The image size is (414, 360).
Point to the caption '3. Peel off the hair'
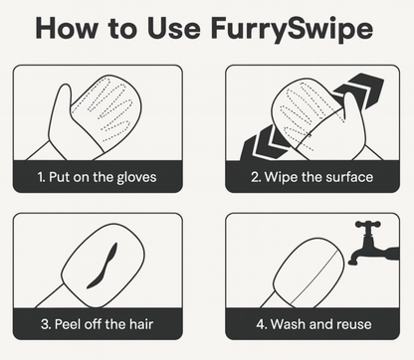pyautogui.click(x=99, y=323)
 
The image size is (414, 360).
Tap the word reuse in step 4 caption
pyautogui.click(x=353, y=323)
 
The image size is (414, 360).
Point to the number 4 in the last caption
pyautogui.click(x=253, y=323)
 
